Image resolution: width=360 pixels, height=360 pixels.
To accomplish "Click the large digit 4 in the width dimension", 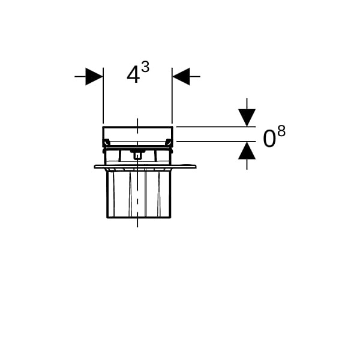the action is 133,75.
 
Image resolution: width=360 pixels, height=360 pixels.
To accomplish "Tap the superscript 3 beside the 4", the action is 145,67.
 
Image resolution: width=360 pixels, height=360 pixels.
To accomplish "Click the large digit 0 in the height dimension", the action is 269,139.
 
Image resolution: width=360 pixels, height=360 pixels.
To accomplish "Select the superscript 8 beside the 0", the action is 281,131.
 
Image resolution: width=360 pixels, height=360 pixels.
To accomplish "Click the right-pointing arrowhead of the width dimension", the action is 94,76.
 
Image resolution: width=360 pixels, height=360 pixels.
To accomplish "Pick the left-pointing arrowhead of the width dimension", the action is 181,76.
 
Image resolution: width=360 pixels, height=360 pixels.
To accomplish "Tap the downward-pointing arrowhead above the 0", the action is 247,118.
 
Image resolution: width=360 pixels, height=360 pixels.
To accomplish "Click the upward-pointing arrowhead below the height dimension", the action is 247,151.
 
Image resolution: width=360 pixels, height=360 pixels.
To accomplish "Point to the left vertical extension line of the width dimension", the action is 103,96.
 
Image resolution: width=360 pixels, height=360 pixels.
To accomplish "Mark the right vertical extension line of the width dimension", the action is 172,96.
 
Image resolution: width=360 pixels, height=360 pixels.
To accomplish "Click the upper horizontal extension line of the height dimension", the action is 216,127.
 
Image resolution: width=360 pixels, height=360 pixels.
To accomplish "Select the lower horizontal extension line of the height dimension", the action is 216,142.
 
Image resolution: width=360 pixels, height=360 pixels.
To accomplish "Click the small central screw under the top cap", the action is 137,155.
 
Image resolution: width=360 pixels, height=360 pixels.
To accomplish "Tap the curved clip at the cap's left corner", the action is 106,143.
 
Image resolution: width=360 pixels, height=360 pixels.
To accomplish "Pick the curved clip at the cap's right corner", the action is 169,143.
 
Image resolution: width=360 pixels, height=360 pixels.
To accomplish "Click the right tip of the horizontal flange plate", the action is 196,166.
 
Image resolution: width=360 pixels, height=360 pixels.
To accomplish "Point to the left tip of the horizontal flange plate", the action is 95,166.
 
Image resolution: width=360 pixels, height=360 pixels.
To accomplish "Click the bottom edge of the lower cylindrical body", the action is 139,217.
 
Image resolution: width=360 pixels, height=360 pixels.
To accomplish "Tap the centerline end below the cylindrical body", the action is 137,227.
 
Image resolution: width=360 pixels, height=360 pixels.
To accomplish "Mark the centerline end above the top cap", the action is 137,119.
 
